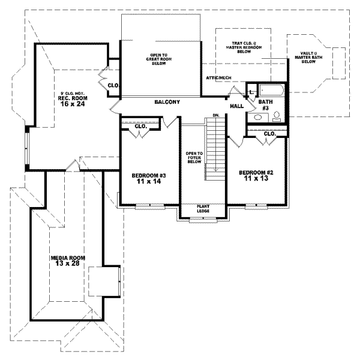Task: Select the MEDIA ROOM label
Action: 68,257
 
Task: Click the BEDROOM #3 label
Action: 148,175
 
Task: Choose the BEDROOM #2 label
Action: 256,173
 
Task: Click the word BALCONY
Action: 167,102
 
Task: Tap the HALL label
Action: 236,106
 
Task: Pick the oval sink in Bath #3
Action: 277,119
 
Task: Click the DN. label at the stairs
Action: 216,115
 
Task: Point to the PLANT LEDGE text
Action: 203,209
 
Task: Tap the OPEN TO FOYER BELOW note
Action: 194,157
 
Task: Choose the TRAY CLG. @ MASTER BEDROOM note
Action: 244,47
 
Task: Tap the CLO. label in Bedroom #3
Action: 141,127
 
